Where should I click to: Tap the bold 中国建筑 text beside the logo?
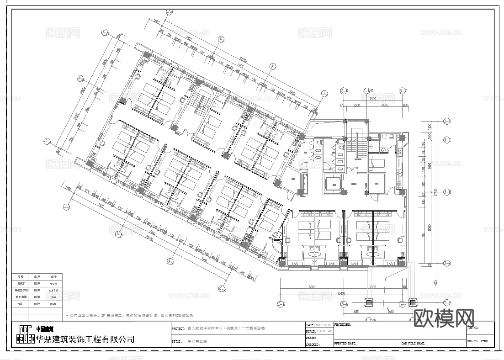(x=45, y=329)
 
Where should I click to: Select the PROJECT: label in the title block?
(x=178, y=328)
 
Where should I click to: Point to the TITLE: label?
(x=177, y=341)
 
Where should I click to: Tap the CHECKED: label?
(x=313, y=344)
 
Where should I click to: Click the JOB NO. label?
(x=473, y=328)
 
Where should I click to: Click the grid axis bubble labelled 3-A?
(x=446, y=264)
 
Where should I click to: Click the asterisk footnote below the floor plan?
(x=133, y=316)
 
